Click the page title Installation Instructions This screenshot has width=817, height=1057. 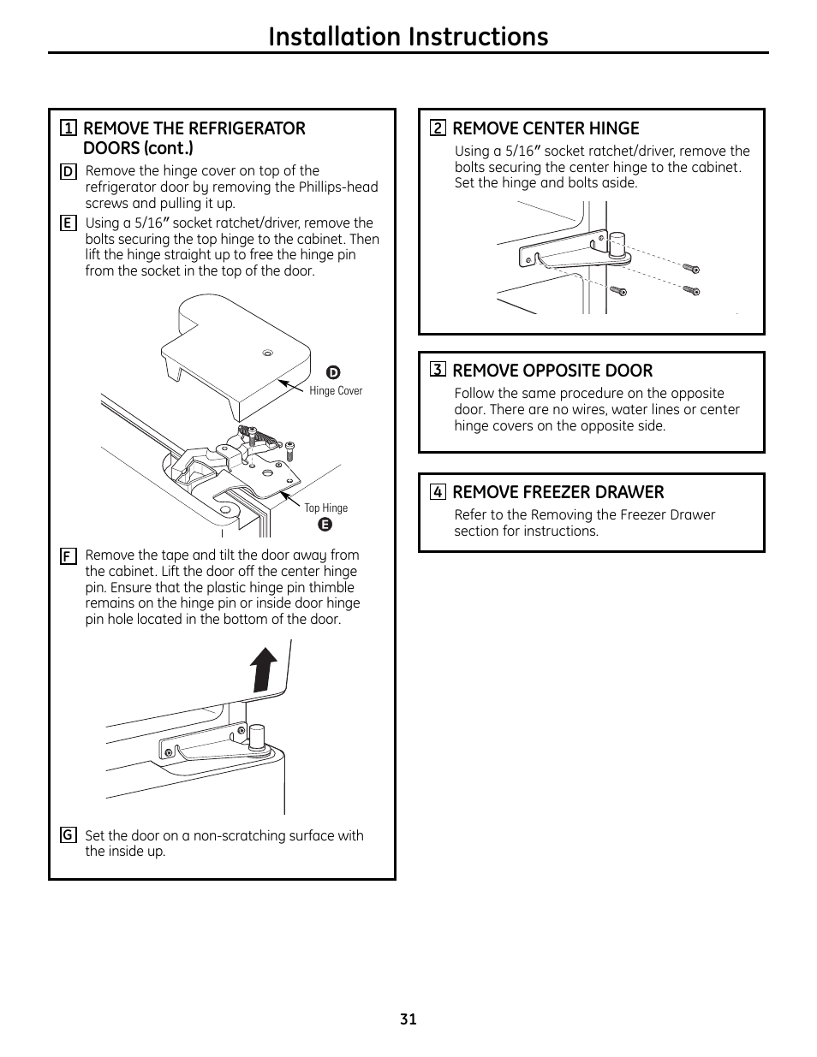point(408,37)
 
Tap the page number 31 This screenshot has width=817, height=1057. point(408,1018)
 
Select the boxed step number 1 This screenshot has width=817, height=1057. point(69,128)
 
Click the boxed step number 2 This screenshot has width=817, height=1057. point(438,128)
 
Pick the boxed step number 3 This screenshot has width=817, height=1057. point(438,370)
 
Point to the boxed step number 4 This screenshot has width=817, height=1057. point(438,491)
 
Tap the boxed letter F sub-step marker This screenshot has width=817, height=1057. point(68,555)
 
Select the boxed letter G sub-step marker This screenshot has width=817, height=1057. point(68,835)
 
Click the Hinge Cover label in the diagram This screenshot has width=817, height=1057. point(336,391)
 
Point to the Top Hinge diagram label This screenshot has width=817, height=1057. point(326,508)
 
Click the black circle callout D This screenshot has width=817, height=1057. point(334,372)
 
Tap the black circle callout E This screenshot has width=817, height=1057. point(325,524)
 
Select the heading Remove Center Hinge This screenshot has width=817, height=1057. point(546,128)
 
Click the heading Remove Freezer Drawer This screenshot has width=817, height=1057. point(558,491)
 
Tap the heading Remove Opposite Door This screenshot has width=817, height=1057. point(552,370)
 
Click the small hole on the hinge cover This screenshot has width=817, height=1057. point(267,352)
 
